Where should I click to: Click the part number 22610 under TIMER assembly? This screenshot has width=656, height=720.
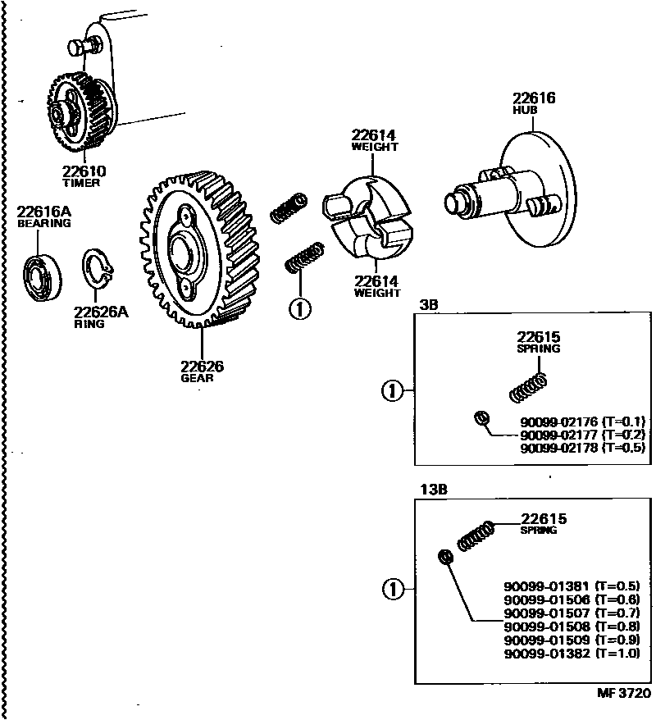(84, 172)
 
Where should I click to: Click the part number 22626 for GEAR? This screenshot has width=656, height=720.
(202, 367)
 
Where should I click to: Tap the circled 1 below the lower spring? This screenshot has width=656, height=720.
(300, 310)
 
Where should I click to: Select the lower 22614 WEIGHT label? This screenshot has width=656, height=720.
(377, 281)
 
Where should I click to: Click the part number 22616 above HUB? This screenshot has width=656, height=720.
(534, 98)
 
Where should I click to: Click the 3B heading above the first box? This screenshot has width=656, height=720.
(429, 304)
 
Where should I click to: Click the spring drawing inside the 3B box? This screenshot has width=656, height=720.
(527, 387)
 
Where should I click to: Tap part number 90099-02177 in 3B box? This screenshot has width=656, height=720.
(558, 435)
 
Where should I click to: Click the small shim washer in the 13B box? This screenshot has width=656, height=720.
(446, 557)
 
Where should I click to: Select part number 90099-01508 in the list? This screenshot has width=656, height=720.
(546, 626)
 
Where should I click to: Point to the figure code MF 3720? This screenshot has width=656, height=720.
(623, 694)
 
